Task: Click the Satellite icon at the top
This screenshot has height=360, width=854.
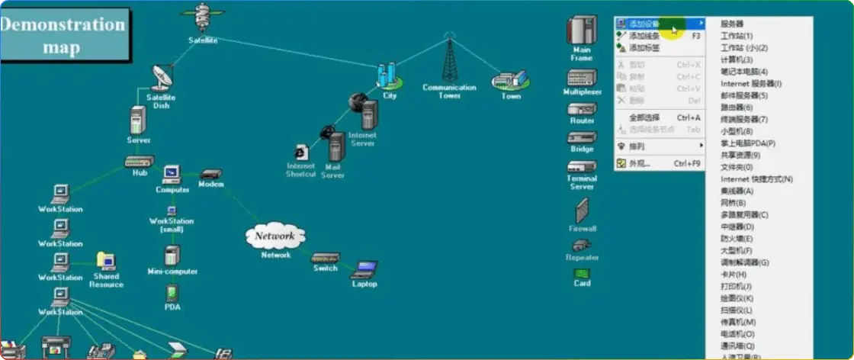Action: click(202, 18)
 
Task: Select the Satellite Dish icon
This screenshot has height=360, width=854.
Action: click(162, 77)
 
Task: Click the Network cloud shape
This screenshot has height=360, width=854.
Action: click(275, 236)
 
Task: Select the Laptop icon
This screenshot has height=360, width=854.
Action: click(364, 269)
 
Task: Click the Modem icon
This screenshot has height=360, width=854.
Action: click(211, 174)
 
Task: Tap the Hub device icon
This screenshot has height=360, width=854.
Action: click(140, 161)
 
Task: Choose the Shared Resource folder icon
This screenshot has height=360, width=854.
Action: click(106, 262)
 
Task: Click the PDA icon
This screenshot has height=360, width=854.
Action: click(172, 293)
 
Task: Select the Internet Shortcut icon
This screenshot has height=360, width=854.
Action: click(301, 152)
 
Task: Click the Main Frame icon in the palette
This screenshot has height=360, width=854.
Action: click(581, 31)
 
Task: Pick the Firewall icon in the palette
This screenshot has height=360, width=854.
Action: click(582, 211)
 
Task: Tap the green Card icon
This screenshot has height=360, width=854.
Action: click(582, 273)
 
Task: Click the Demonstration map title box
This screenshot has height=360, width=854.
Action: click(63, 35)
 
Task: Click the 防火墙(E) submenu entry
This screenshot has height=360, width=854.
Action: click(737, 239)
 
